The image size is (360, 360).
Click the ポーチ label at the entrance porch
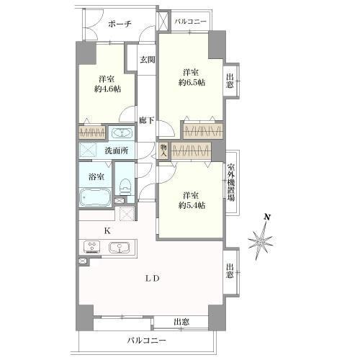coord(120,24)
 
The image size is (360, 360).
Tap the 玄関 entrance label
coord(148,60)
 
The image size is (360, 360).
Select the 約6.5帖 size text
coord(192,83)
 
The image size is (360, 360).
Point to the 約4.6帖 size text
coord(107,89)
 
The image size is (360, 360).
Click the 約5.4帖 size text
coord(192,205)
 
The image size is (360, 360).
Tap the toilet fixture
coord(125,186)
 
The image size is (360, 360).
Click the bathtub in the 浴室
coord(95,197)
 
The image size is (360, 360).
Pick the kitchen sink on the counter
coord(120,248)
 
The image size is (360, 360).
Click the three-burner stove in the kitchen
coord(91,247)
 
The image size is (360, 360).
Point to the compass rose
coord(261,240)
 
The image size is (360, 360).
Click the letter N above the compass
coord(267,217)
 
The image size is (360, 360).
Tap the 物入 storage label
coord(163,150)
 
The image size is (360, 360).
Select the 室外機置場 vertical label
coord(230,183)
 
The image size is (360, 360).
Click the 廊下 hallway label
coord(147,120)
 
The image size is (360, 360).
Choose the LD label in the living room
coord(153,279)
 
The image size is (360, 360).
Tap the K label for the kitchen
coord(107,231)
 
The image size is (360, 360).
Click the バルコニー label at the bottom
coord(147,341)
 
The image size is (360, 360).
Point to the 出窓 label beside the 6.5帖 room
coord(230,81)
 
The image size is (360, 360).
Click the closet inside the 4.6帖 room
coord(92,132)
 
